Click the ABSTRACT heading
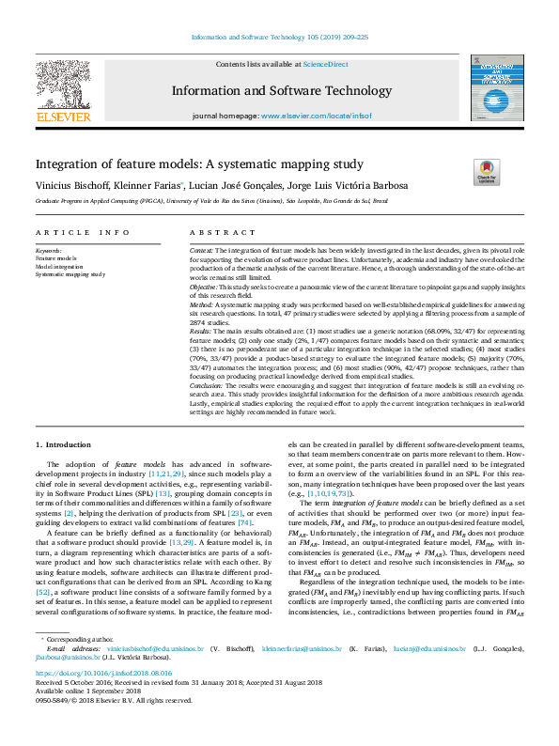210,232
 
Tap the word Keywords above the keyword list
48,251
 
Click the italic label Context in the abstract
200,251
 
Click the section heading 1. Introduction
64,443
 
